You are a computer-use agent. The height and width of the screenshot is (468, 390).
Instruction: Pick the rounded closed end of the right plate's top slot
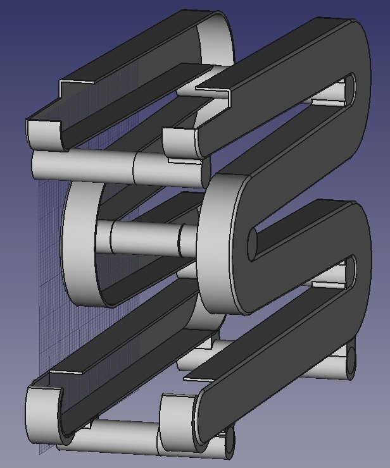349,89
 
